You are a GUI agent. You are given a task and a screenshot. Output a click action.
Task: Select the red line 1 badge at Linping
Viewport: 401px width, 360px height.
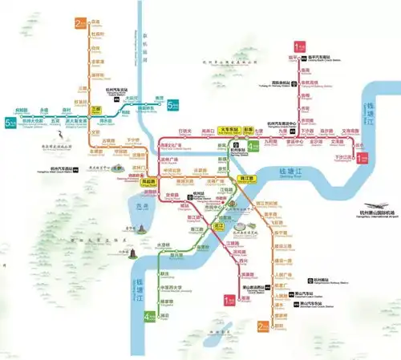(299, 46)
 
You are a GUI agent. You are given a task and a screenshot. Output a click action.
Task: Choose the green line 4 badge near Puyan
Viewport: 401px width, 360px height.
(146, 317)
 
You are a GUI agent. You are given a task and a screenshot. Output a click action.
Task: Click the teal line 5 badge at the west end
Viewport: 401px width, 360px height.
(9, 122)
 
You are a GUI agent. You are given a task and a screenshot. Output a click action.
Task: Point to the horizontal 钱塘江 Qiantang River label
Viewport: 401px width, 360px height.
(288, 172)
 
